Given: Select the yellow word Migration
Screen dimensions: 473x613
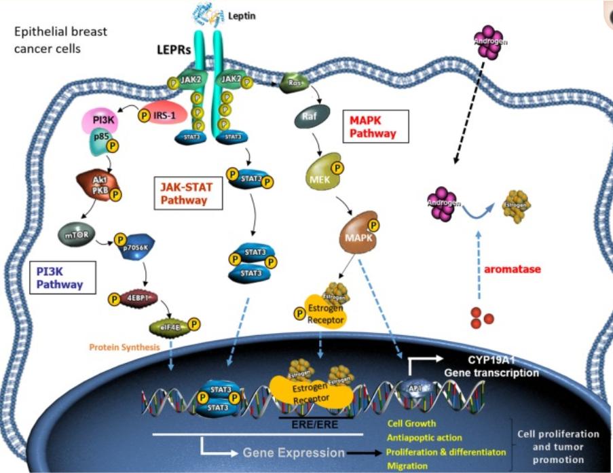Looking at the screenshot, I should tap(407, 466).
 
